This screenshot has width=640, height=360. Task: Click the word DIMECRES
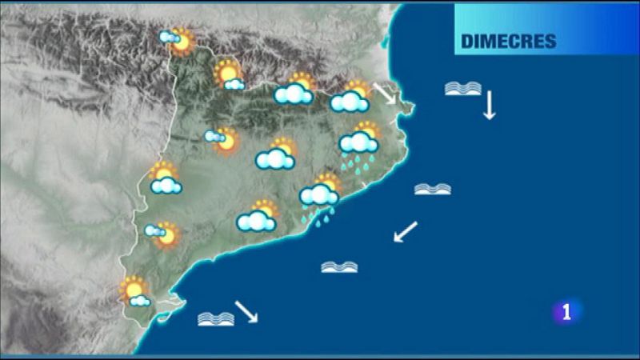pyautogui.click(x=508, y=42)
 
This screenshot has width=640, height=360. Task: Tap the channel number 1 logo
pyautogui.click(x=567, y=313)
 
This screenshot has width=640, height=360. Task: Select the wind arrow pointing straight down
pyautogui.click(x=489, y=105)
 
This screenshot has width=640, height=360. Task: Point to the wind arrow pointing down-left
pyautogui.click(x=406, y=232)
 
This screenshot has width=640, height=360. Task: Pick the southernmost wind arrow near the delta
pyautogui.click(x=246, y=310)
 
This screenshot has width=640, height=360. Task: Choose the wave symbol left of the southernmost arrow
pyautogui.click(x=216, y=318)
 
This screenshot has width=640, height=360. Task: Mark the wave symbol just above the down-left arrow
pyautogui.click(x=432, y=189)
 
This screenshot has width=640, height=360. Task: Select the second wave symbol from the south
pyautogui.click(x=339, y=266)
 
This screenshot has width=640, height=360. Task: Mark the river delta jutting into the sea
pyautogui.click(x=170, y=309)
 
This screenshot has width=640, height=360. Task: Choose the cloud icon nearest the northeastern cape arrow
pyautogui.click(x=350, y=101)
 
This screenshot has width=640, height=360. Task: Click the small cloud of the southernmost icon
pyautogui.click(x=140, y=301)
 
